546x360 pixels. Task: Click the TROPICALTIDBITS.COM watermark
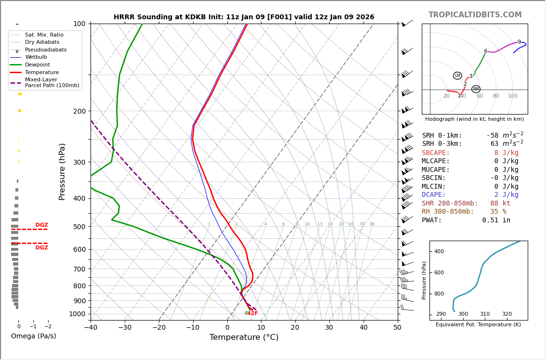(x=475, y=15)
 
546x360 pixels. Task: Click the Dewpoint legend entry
(x=37, y=65)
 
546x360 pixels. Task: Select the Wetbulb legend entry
(x=36, y=57)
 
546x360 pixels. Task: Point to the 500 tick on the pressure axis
(x=79, y=227)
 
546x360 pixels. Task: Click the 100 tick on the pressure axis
(x=79, y=24)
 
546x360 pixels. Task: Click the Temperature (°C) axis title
(x=244, y=337)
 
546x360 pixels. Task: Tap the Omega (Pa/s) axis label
(x=33, y=336)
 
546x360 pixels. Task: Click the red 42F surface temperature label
(x=253, y=313)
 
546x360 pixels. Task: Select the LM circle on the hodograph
(x=457, y=76)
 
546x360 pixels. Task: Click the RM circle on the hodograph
(x=476, y=89)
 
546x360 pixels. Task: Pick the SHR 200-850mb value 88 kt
(x=500, y=204)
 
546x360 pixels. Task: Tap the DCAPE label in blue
(x=436, y=195)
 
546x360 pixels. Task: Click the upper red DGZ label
(x=41, y=225)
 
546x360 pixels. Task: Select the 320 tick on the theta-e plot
(x=507, y=314)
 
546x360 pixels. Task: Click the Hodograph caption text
(x=474, y=119)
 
